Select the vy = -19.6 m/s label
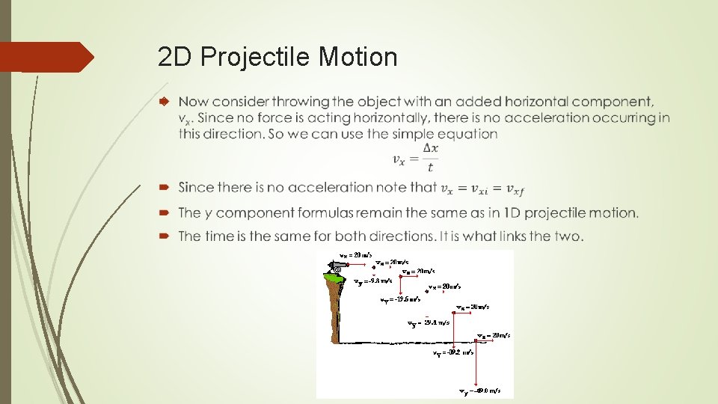401,301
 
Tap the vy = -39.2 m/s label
453,352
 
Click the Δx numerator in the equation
430,149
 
